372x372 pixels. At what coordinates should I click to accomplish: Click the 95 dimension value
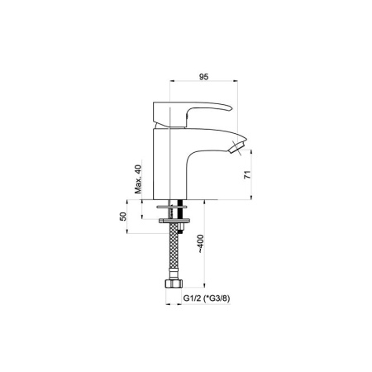203,77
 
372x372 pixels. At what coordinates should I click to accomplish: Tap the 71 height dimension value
247,174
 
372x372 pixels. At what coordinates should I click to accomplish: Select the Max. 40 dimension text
138,179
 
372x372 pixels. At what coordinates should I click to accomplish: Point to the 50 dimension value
123,217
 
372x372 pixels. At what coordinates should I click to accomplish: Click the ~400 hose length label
201,244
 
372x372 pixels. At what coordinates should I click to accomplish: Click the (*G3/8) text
217,298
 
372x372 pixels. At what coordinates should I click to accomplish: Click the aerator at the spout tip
236,147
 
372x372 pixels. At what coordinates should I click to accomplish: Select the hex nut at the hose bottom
174,284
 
